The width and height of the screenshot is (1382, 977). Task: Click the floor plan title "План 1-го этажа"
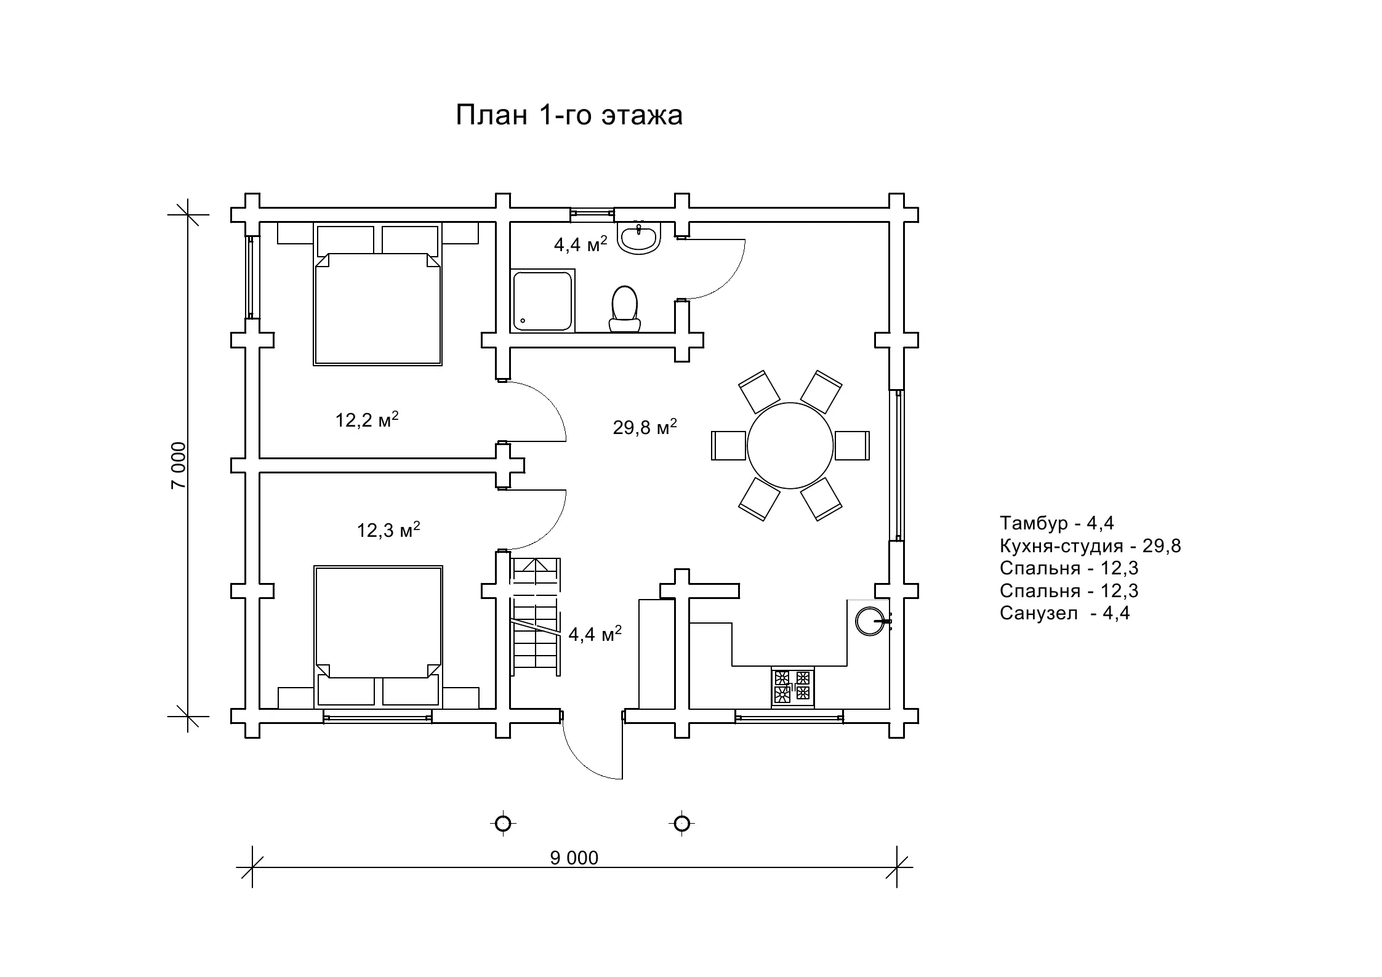pyautogui.click(x=569, y=115)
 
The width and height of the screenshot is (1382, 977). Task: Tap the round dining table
pyautogui.click(x=790, y=446)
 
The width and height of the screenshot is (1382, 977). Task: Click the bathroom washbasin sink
pyautogui.click(x=639, y=238)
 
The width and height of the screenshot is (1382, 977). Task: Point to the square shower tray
pyautogui.click(x=542, y=300)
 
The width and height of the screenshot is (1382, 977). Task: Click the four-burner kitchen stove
pyautogui.click(x=792, y=686)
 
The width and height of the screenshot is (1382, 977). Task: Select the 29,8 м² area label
pyautogui.click(x=645, y=427)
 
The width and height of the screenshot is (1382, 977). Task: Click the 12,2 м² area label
pyautogui.click(x=367, y=419)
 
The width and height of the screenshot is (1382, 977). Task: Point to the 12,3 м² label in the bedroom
pyautogui.click(x=388, y=529)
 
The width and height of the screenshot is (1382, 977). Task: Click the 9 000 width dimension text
pyautogui.click(x=574, y=858)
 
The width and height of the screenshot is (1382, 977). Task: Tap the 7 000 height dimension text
pyautogui.click(x=178, y=465)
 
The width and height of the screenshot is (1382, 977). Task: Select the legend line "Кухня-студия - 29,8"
pyautogui.click(x=1090, y=546)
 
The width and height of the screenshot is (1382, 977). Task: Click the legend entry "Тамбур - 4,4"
pyautogui.click(x=1057, y=523)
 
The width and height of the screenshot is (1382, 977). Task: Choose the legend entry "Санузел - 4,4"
pyautogui.click(x=1065, y=613)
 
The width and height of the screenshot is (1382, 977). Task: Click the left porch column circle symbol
pyautogui.click(x=503, y=824)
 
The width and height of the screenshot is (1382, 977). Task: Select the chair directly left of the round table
pyautogui.click(x=728, y=445)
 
